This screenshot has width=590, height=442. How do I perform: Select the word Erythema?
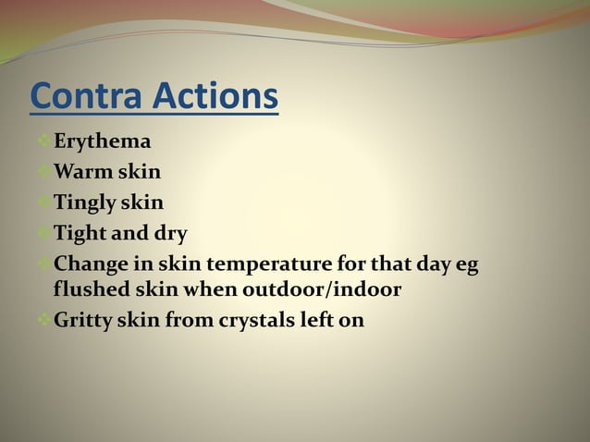[x=102, y=142]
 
